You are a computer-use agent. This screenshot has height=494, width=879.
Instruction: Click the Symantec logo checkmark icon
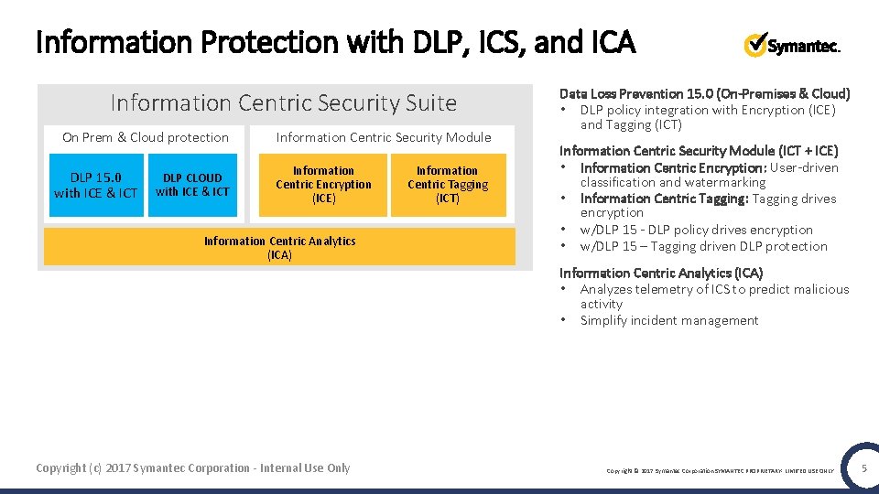tap(755, 44)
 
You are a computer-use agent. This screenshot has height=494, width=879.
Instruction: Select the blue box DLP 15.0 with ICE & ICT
tap(95, 186)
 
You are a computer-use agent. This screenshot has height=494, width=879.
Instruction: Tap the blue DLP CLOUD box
tap(192, 185)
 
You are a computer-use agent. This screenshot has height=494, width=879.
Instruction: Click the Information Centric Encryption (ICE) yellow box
tap(323, 185)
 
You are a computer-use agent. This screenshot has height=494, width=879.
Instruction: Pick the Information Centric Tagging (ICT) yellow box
tap(448, 185)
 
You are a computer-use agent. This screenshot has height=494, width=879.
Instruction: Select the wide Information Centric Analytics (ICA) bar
tap(279, 248)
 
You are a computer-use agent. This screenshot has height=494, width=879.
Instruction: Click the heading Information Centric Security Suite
tap(283, 103)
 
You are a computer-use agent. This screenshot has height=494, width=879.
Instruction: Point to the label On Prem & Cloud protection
tap(146, 137)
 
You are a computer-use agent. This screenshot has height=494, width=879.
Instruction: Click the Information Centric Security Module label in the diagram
tap(384, 137)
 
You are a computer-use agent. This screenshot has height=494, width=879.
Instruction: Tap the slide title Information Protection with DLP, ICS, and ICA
tap(335, 42)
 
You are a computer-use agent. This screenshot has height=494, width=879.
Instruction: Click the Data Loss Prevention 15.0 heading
tap(704, 93)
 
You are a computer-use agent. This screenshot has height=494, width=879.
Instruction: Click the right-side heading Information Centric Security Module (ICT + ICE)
tap(699, 151)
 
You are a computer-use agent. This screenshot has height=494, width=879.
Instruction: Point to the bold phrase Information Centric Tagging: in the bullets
tap(665, 199)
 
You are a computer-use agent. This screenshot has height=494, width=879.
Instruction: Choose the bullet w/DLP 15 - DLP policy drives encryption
tap(696, 230)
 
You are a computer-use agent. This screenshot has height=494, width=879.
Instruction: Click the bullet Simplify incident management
tap(669, 320)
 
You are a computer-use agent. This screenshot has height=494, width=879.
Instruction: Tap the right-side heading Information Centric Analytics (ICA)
tap(661, 273)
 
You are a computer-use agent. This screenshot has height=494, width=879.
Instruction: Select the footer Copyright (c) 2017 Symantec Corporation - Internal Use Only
tap(192, 468)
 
